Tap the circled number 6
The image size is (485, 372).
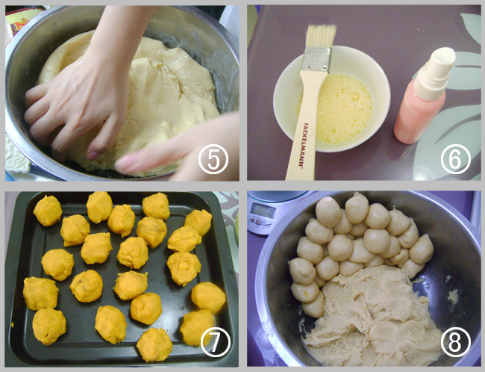click(x=456, y=158)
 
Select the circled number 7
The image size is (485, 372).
click(x=216, y=341)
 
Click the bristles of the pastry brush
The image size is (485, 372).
click(x=321, y=37)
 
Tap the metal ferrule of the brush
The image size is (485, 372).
click(x=316, y=59)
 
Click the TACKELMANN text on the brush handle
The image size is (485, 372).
click(x=304, y=144)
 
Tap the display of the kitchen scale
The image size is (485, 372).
click(x=263, y=211)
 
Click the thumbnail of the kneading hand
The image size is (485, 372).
click(x=93, y=155)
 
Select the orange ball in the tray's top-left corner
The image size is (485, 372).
click(x=48, y=211)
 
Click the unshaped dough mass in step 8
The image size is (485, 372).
click(x=371, y=316)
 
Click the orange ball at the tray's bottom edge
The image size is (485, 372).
click(x=154, y=344)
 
